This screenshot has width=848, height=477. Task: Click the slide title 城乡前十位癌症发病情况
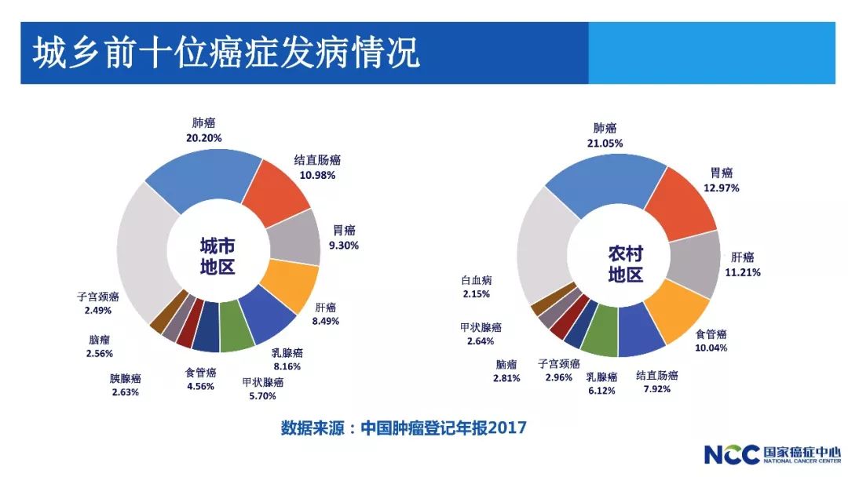pyautogui.click(x=226, y=53)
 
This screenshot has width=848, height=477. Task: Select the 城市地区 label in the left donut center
pyautogui.click(x=218, y=257)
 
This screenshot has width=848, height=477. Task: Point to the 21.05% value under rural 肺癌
pyautogui.click(x=605, y=143)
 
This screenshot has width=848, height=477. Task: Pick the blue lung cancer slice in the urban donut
pyautogui.click(x=203, y=174)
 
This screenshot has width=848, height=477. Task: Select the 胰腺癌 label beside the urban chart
pyautogui.click(x=125, y=378)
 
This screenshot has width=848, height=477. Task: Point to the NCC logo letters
pyautogui.click(x=730, y=455)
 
